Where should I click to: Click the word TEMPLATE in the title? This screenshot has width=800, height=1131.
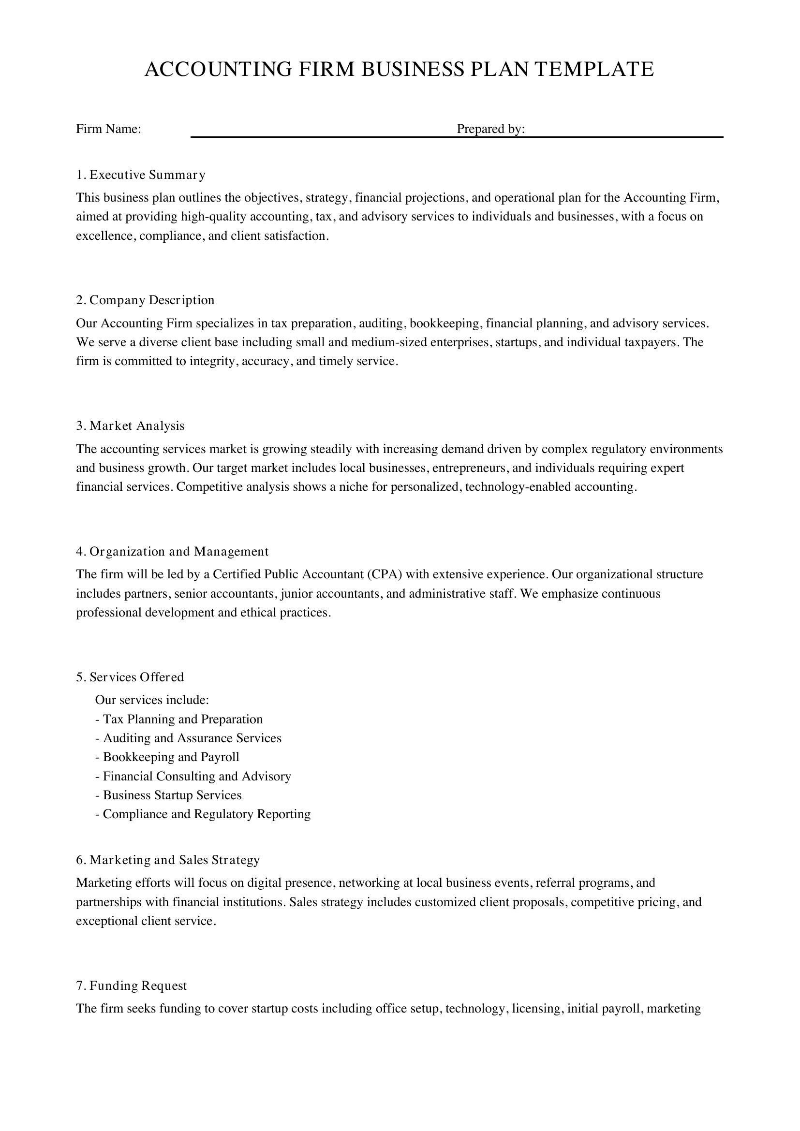click(594, 70)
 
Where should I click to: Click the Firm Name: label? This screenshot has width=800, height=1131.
click(108, 129)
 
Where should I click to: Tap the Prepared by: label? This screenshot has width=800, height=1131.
click(490, 129)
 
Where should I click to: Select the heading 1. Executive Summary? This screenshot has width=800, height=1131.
click(140, 175)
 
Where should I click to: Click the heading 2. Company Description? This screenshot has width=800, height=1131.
click(145, 300)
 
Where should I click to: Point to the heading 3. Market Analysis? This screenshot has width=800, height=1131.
click(130, 426)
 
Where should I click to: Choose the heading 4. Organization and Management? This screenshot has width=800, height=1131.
click(172, 551)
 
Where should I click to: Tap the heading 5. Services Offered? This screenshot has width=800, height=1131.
click(130, 677)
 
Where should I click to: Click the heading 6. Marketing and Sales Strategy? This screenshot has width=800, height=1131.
click(167, 860)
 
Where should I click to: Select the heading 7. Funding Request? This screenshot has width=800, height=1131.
click(131, 985)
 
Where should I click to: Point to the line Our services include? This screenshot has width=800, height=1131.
click(152, 700)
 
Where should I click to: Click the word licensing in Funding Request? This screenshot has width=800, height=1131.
click(537, 1008)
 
